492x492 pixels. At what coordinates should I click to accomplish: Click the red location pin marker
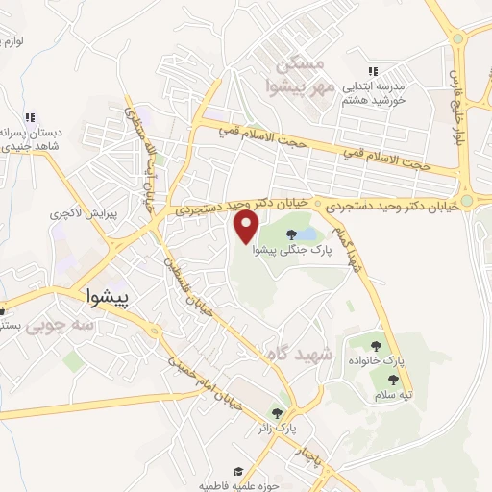pyautogui.click(x=247, y=227)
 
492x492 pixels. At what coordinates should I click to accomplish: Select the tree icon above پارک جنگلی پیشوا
pyautogui.click(x=291, y=232)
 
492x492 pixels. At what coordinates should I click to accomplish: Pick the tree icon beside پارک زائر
pyautogui.click(x=277, y=412)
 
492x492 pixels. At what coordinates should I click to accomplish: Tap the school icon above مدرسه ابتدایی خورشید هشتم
pyautogui.click(x=374, y=71)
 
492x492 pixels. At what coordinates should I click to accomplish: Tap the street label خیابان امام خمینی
pyautogui.click(x=202, y=381)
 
